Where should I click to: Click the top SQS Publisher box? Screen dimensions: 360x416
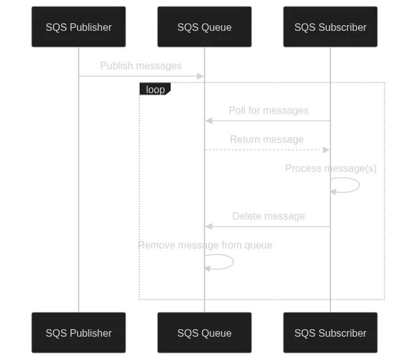click(x=79, y=27)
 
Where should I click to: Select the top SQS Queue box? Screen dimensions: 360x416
click(x=204, y=27)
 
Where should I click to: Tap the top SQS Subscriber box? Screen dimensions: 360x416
click(x=330, y=27)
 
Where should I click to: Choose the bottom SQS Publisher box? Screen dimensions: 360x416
click(x=79, y=333)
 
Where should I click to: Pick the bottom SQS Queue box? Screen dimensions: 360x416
click(x=204, y=333)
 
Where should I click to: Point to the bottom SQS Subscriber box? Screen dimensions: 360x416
click(x=330, y=333)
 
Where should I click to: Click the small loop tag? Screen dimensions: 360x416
click(x=155, y=89)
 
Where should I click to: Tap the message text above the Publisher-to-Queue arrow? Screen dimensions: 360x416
click(x=143, y=65)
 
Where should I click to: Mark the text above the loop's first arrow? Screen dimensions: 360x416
click(x=269, y=111)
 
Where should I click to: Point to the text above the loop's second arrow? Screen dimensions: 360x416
click(x=267, y=139)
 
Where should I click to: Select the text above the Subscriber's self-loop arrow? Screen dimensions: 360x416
click(x=330, y=168)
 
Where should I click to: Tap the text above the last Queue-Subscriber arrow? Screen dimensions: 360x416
click(x=269, y=217)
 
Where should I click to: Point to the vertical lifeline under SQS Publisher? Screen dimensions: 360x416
click(x=78, y=189)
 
